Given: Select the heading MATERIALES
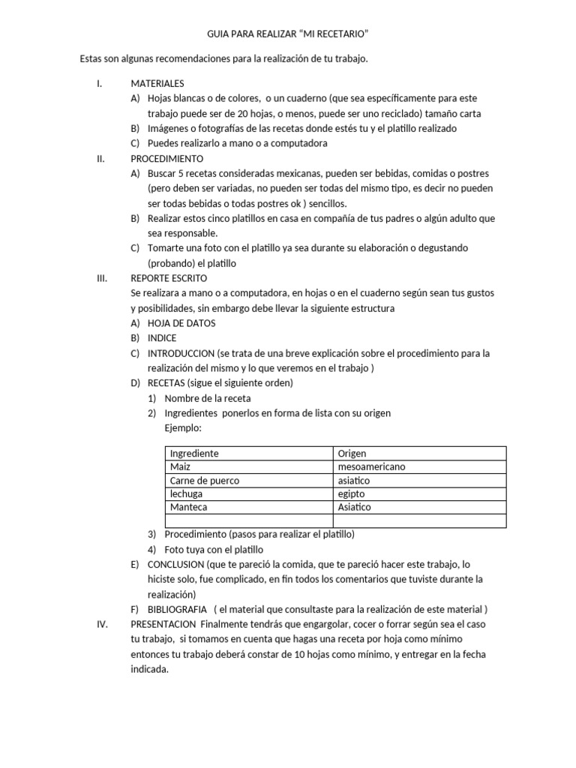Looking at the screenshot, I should (x=157, y=83).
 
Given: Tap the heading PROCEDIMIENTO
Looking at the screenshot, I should (x=166, y=158).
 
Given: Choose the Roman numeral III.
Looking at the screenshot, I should (x=102, y=277).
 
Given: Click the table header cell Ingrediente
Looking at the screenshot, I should (x=194, y=453).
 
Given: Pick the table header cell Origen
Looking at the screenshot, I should (x=352, y=453).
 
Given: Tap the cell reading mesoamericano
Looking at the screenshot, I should (x=371, y=466).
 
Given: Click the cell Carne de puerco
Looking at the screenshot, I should (x=204, y=480).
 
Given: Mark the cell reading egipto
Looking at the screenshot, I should (x=352, y=493).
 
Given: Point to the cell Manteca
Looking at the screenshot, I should (x=189, y=507).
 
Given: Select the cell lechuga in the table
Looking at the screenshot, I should (x=187, y=493).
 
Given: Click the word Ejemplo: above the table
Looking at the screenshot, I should (x=183, y=427).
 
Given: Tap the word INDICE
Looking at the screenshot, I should (x=162, y=338).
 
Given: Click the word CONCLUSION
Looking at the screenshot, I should (x=175, y=564).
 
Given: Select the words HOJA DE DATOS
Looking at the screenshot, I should (x=181, y=323).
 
